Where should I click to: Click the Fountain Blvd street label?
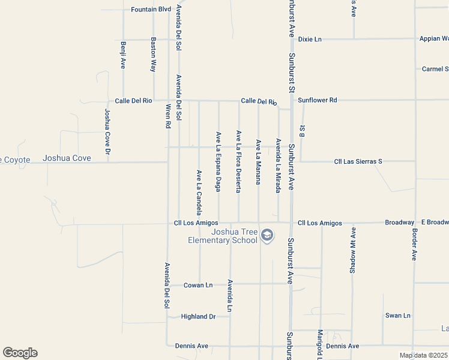click(151, 10)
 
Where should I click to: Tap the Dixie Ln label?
click(310, 39)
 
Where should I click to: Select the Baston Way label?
click(154, 55)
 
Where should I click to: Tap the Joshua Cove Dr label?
click(108, 131)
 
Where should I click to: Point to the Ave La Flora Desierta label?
click(238, 161)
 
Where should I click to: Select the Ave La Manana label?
click(258, 161)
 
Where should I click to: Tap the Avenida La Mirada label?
click(278, 166)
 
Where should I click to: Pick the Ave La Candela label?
click(199, 192)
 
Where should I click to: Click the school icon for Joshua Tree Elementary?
click(268, 236)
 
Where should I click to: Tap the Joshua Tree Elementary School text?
click(223, 236)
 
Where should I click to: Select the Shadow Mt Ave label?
click(353, 250)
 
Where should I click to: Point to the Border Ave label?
click(414, 244)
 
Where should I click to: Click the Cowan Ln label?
click(198, 285)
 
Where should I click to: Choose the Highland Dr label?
click(198, 316)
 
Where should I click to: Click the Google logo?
click(20, 353)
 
